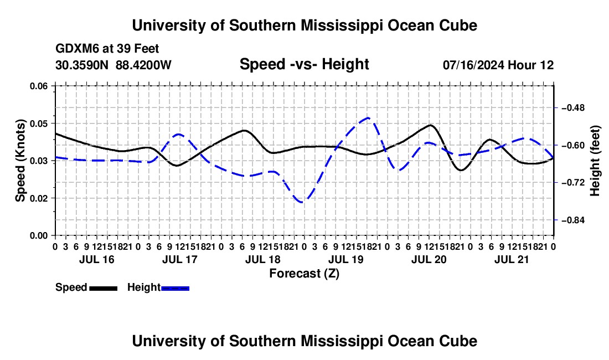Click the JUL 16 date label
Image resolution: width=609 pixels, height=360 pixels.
tap(97, 259)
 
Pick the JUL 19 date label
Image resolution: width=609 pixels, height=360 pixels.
tap(345, 259)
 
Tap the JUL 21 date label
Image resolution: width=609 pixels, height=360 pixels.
tap(512, 259)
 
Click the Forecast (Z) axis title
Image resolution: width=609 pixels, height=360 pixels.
tap(304, 274)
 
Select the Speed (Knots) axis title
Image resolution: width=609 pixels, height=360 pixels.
tap(20, 161)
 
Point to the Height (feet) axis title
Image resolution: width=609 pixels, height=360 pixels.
tap(595, 161)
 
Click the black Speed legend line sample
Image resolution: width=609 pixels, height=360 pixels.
tap(104, 289)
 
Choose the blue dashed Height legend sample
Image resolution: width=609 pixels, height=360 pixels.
tap(175, 289)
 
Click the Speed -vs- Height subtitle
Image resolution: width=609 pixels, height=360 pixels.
tap(304, 64)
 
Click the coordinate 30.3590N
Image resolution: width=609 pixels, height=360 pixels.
tap(81, 65)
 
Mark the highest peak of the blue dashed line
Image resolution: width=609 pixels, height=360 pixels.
tap(368, 117)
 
